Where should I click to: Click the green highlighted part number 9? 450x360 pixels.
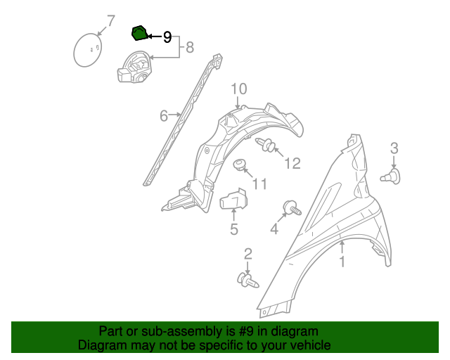139,33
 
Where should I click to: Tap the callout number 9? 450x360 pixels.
167,37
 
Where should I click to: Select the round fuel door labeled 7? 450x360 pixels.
88,50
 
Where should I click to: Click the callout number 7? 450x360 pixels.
111,21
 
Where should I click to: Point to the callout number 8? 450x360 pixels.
190,47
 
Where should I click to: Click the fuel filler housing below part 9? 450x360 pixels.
134,67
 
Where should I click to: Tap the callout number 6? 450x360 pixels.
164,116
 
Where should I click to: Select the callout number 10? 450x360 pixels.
239,89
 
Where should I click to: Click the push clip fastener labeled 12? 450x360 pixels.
266,144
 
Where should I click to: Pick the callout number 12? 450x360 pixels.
292,163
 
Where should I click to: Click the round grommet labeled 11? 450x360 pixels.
239,165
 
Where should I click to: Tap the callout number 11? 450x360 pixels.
259,184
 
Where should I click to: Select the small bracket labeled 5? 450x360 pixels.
233,199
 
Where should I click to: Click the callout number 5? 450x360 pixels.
234,229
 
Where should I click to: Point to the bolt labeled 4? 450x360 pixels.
292,207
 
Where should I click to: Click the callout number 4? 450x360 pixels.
274,229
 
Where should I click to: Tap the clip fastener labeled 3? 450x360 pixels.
390,176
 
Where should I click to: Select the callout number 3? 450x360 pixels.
394,148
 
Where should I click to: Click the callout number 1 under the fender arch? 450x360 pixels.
342,262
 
